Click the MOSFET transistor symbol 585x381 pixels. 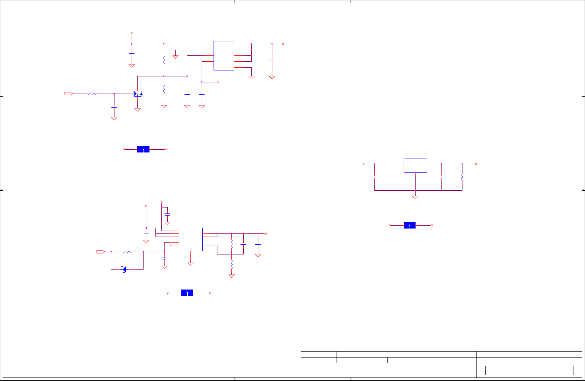(138, 94)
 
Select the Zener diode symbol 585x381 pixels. (124, 269)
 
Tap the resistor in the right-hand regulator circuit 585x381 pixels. (462, 177)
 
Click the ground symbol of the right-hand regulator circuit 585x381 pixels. (415, 197)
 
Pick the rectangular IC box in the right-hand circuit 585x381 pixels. (415, 165)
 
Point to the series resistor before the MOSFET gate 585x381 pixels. (92, 94)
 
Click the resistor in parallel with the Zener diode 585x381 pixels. (127, 252)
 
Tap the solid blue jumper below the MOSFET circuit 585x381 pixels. (143, 149)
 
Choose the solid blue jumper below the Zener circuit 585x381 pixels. (187, 293)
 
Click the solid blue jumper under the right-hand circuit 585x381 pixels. (410, 225)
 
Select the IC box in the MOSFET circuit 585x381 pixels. (224, 56)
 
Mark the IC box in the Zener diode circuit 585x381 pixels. (191, 239)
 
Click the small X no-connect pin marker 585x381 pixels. (170, 245)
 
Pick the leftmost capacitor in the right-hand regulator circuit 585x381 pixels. (374, 177)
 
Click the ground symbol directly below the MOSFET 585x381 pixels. (138, 110)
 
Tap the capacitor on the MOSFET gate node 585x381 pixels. (114, 107)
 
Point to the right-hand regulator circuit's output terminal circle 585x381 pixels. (476, 164)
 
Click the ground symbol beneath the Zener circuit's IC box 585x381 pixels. (191, 264)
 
